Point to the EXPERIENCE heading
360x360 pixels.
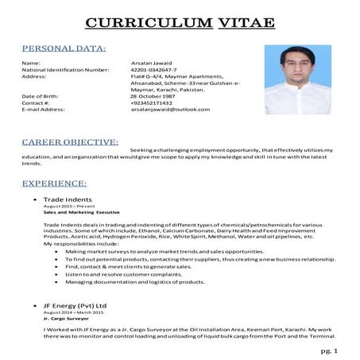[x=55, y=183]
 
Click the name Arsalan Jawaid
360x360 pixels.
[x=151, y=62]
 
